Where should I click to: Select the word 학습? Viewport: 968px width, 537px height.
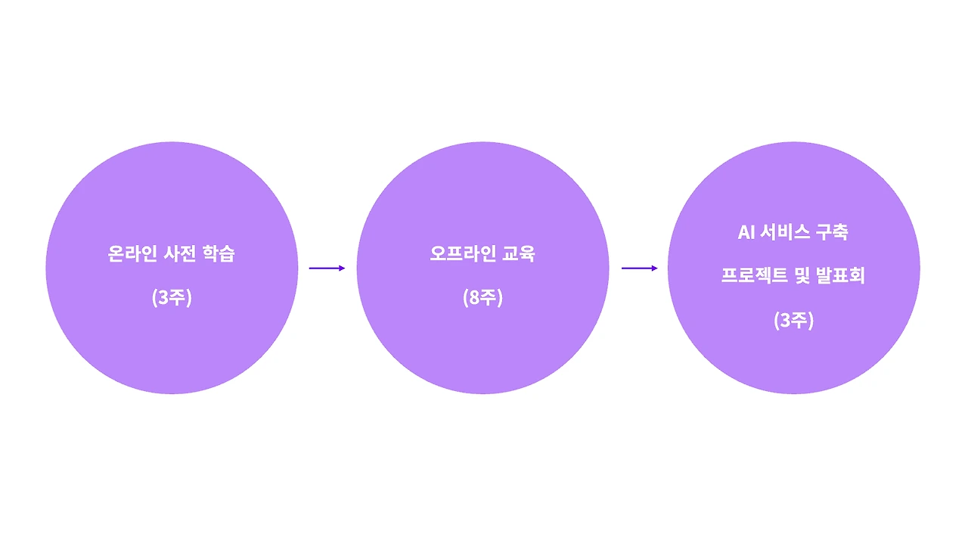pos(219,254)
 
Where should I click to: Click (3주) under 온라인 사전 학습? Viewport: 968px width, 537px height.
pos(172,298)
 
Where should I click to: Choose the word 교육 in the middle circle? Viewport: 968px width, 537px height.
pos(519,254)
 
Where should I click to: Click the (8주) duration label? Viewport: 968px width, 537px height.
pos(482,298)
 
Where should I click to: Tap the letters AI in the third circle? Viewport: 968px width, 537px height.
pos(746,232)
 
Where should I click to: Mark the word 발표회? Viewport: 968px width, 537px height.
pos(841,277)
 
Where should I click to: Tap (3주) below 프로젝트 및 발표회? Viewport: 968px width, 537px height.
pos(793,321)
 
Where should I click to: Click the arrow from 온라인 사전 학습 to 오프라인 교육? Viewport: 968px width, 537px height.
pos(326,268)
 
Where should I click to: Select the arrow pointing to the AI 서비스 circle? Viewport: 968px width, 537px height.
pos(639,268)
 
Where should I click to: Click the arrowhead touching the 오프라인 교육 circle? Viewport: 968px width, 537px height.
pos(342,268)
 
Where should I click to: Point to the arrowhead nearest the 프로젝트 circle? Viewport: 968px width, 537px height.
pos(654,268)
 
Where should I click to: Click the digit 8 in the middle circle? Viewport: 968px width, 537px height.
pos(474,298)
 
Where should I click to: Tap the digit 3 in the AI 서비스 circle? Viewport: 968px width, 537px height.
pos(785,321)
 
